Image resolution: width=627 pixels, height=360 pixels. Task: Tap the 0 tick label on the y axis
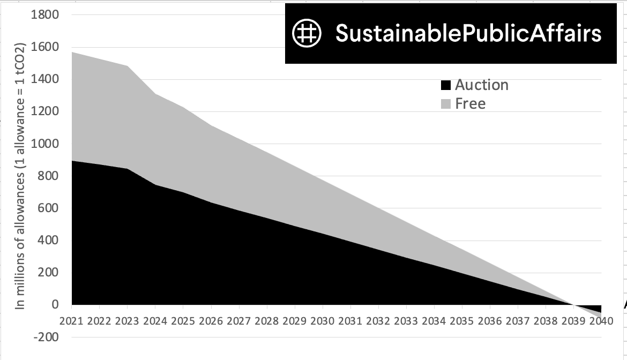[55, 304]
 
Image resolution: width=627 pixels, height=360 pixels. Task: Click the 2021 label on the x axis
[72, 321]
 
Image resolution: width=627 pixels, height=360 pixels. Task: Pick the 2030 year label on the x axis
[323, 321]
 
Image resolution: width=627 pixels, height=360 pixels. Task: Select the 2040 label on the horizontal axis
[601, 321]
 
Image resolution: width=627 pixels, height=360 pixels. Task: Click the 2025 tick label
[183, 321]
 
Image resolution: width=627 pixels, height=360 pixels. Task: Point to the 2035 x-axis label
[461, 321]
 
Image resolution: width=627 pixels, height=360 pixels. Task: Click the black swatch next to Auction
[445, 86]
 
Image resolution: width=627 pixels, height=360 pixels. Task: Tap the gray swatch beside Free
[445, 104]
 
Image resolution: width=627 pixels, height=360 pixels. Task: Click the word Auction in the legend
[481, 85]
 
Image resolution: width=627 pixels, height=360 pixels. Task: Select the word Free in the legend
[470, 104]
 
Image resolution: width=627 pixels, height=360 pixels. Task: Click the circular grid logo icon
[306, 33]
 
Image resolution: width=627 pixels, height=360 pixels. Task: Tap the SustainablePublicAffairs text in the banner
[468, 33]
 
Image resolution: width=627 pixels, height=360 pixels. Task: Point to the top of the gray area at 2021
[72, 52]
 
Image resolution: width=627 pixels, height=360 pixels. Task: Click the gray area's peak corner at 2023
[128, 66]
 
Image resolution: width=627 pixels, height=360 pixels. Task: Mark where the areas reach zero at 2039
[573, 305]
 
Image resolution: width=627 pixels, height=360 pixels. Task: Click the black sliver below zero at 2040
[596, 310]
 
